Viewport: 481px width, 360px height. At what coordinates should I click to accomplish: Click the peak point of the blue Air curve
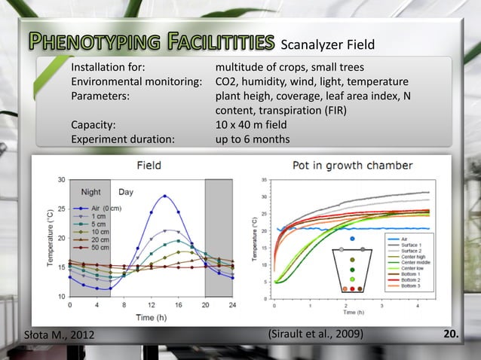(x=164, y=196)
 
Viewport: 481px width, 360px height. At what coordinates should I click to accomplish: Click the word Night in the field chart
(x=92, y=192)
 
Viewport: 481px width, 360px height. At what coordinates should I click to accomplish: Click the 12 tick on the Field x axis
(x=151, y=305)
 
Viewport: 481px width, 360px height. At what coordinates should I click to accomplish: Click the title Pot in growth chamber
(x=351, y=165)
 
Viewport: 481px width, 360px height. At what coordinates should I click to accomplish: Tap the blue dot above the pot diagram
(x=352, y=239)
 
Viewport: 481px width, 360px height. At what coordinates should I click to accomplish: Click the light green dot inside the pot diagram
(x=352, y=279)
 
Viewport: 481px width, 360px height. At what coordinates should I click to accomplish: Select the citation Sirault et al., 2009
(x=316, y=333)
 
